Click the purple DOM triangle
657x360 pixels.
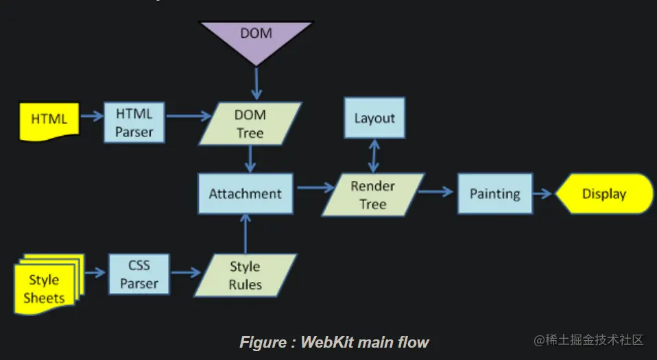click(x=256, y=38)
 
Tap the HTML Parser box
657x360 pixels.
click(x=134, y=123)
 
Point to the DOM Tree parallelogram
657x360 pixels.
click(x=250, y=123)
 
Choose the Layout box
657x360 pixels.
click(x=374, y=118)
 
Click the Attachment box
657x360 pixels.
click(x=246, y=193)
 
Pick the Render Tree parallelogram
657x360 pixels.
click(x=373, y=195)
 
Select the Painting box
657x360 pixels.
click(x=494, y=193)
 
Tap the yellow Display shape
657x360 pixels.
click(x=604, y=193)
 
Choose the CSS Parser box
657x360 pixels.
click(x=139, y=274)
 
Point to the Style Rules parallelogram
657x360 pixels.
click(x=245, y=275)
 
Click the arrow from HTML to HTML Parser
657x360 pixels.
click(x=92, y=117)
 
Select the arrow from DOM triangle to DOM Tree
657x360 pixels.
click(x=256, y=84)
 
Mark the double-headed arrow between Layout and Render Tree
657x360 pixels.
click(x=374, y=156)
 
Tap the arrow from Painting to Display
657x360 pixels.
click(x=542, y=193)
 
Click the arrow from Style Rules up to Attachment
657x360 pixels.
click(x=245, y=233)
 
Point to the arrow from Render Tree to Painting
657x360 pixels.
click(x=436, y=192)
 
